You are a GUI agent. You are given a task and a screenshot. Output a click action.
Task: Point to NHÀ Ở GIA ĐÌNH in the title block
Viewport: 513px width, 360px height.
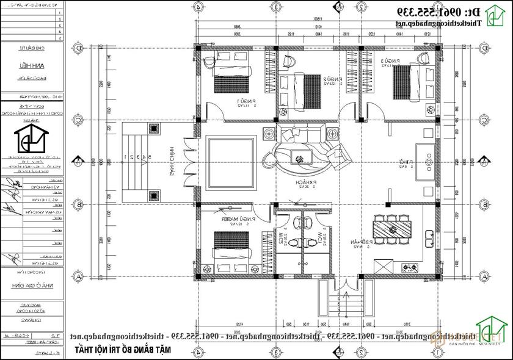click(38, 284)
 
